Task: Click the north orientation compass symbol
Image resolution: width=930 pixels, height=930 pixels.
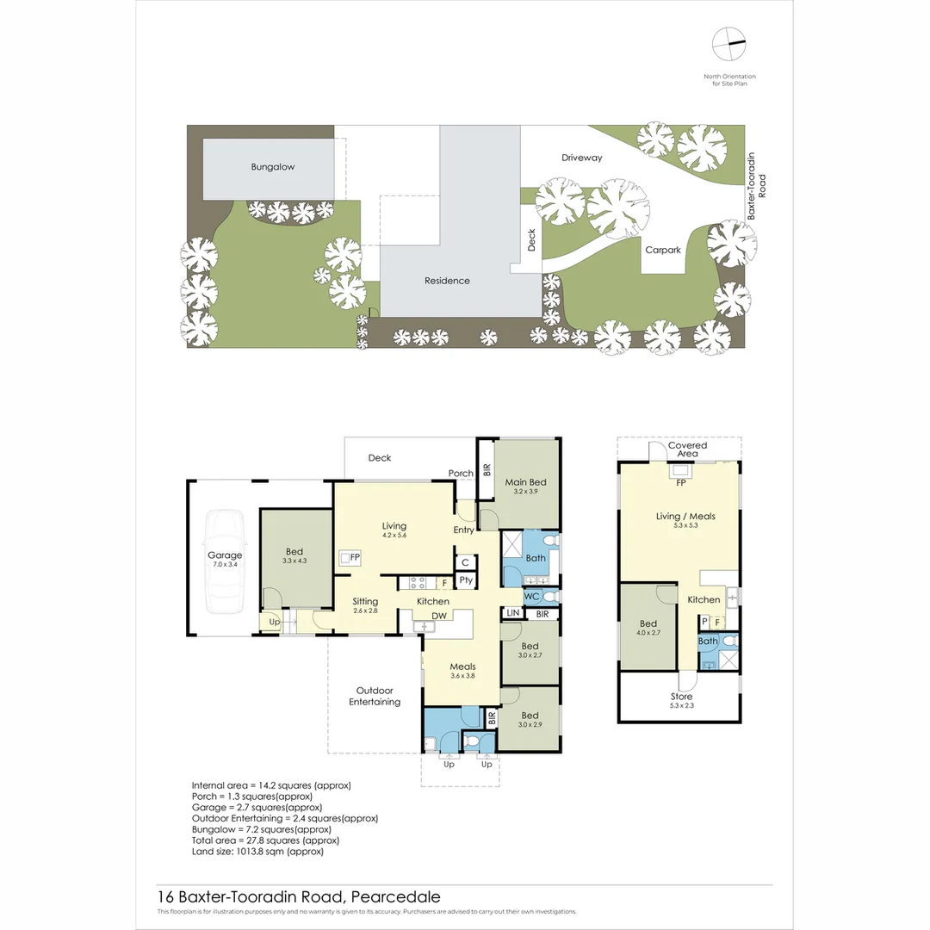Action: click(728, 43)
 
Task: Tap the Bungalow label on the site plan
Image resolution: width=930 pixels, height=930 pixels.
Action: click(272, 167)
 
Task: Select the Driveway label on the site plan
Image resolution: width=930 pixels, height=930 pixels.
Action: click(582, 158)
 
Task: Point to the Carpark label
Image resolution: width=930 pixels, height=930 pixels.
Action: click(663, 250)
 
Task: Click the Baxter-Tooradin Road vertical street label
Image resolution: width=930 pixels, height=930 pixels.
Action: click(756, 186)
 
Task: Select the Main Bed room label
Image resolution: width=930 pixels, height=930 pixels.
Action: click(526, 487)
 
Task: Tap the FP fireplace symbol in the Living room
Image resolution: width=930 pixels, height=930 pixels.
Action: click(348, 558)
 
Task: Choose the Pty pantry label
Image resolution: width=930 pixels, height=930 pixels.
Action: click(465, 581)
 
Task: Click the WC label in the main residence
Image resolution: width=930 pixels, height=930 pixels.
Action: click(530, 595)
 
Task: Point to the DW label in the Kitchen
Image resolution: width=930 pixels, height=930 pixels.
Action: click(439, 615)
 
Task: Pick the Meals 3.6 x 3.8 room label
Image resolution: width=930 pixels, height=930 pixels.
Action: click(462, 671)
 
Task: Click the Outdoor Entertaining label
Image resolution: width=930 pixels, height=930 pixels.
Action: click(375, 696)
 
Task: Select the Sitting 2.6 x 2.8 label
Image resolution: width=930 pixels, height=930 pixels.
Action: click(365, 606)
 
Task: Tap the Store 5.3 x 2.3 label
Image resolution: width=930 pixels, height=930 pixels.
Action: click(681, 701)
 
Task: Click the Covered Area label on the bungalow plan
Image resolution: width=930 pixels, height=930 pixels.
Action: click(687, 449)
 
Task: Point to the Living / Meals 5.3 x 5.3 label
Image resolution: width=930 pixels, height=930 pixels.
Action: click(685, 521)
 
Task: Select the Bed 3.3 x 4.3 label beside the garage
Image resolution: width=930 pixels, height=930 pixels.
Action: click(294, 556)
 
